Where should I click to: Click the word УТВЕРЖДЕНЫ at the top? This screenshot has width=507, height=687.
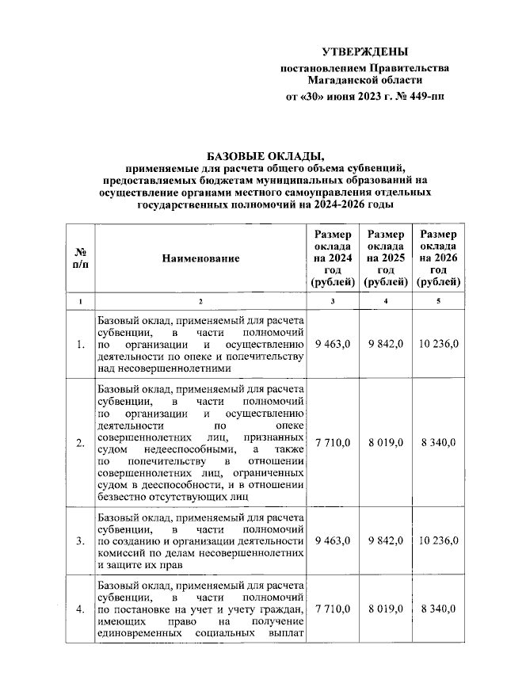tap(365, 52)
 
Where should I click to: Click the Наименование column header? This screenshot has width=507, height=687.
tap(200, 258)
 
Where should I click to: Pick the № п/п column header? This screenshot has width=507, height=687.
tap(80, 258)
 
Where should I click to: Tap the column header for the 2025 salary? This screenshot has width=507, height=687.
tap(385, 258)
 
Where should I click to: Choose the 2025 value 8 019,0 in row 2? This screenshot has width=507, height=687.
tap(386, 442)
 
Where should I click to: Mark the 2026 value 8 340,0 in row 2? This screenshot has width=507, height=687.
tap(440, 442)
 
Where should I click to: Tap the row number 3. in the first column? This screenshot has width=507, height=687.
tap(80, 541)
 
